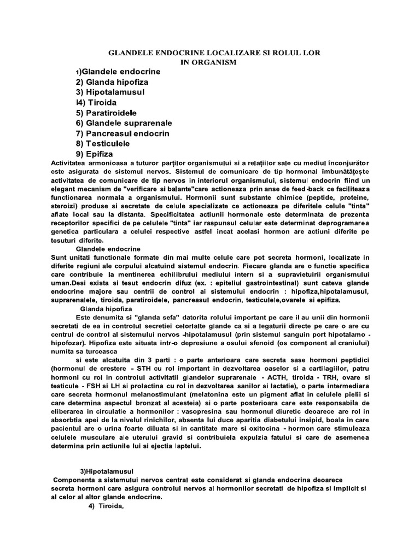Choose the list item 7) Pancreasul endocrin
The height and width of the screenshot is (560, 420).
pyautogui.click(x=122, y=133)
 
